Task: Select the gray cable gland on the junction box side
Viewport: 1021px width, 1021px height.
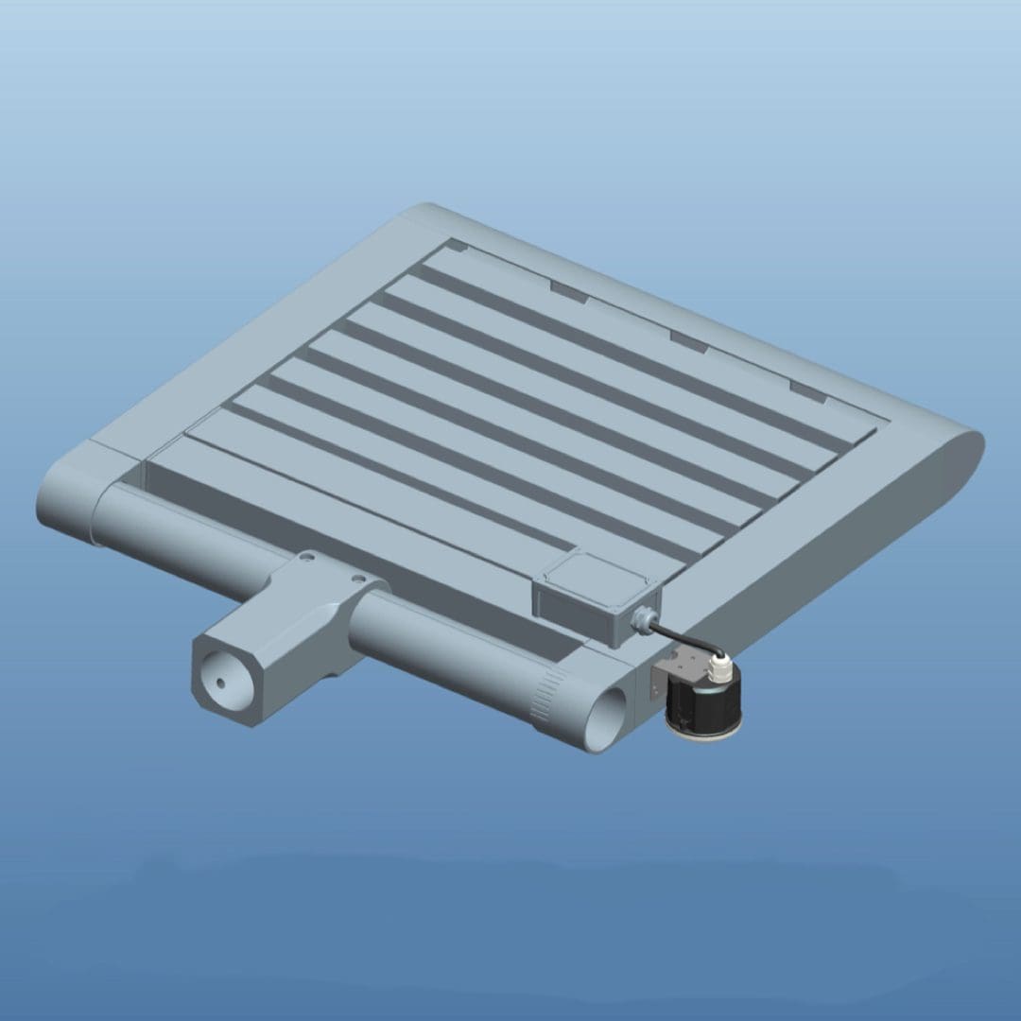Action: tap(643, 618)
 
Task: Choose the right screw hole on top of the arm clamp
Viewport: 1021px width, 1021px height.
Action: tap(357, 576)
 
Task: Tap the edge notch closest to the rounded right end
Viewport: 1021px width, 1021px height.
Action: tap(809, 390)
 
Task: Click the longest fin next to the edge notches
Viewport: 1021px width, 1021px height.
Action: tap(643, 345)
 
